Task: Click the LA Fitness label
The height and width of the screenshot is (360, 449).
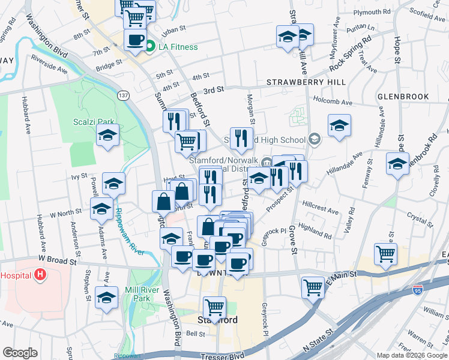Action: tap(178, 47)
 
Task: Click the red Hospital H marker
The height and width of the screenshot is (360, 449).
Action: tap(40, 275)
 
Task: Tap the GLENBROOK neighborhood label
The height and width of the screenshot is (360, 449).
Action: tap(403, 96)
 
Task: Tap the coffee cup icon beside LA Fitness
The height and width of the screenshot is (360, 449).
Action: tap(134, 40)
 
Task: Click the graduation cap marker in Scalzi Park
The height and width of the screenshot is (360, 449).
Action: tap(107, 136)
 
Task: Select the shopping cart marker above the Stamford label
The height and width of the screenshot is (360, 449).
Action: tap(214, 308)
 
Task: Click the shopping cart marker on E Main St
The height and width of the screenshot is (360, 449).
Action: tap(313, 287)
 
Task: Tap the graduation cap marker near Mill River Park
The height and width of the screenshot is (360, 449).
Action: tap(107, 297)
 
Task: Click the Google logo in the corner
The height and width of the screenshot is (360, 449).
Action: tap(20, 352)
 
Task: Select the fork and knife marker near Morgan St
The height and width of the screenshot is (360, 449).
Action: tap(241, 139)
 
